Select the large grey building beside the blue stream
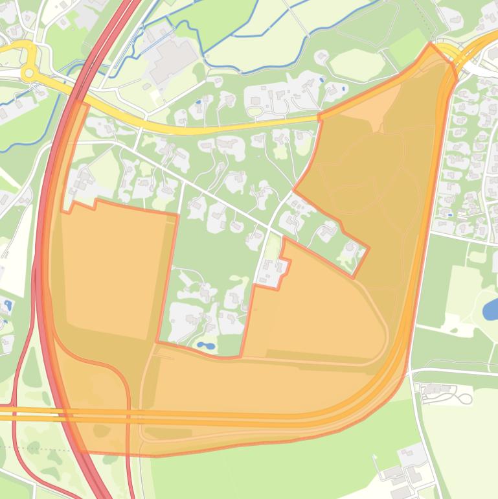pyautogui.click(x=172, y=60)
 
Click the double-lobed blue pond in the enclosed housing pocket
pyautogui.click(x=205, y=346)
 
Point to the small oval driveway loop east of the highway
pyautogui.click(x=464, y=397)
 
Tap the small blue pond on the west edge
pyautogui.click(x=8, y=305)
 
